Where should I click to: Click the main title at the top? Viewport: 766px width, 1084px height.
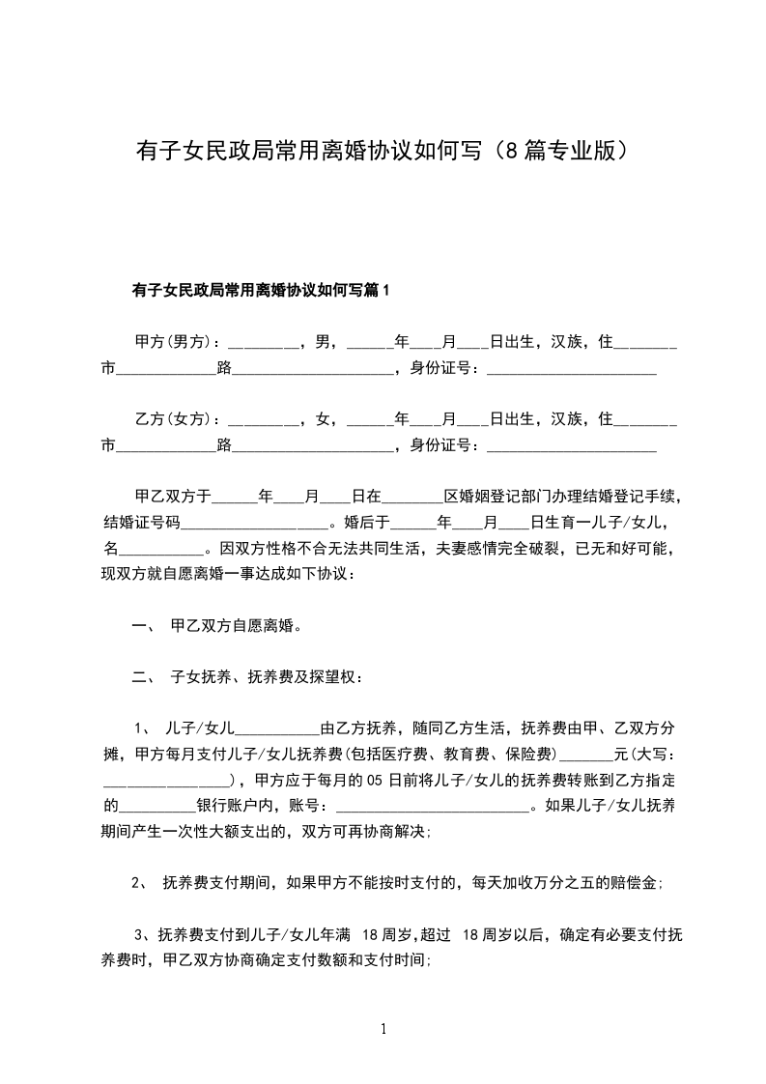[383, 152]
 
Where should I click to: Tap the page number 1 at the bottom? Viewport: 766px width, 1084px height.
[383, 1029]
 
